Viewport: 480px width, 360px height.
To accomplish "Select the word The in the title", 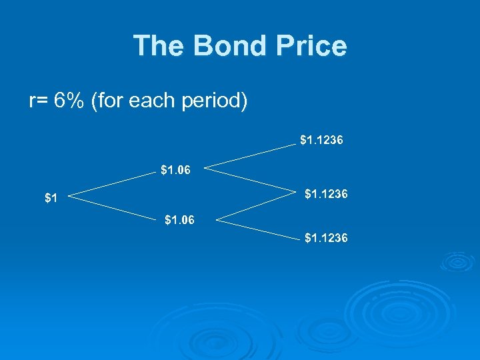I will pos(159,46).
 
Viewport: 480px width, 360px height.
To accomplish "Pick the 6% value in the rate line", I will pos(69,102).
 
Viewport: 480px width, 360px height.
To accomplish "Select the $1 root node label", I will pos(51,198).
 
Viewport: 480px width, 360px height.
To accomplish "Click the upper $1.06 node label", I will pos(175,170).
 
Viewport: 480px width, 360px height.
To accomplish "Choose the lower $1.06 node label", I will pos(179,219).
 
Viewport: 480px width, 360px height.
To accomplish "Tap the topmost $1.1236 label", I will pos(321,140).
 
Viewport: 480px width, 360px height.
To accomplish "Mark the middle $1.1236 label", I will pos(326,195).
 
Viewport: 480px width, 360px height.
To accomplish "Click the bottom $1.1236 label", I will pos(326,237).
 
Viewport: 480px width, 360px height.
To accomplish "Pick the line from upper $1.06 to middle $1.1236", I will pos(249,179).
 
